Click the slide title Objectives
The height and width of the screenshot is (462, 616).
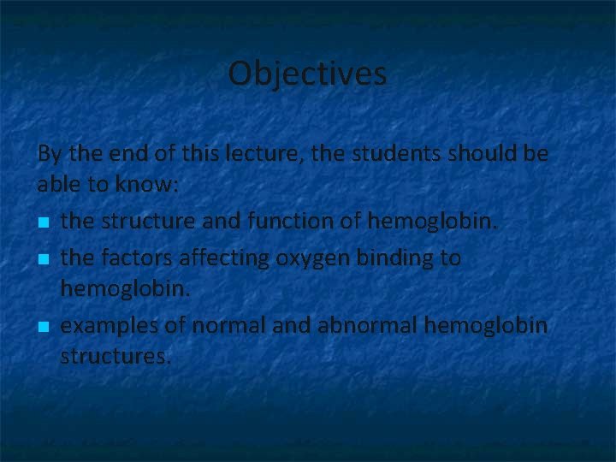(307, 74)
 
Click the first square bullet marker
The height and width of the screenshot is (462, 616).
(44, 223)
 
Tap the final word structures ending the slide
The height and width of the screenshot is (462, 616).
(115, 356)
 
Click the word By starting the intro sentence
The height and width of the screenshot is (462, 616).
(49, 155)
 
